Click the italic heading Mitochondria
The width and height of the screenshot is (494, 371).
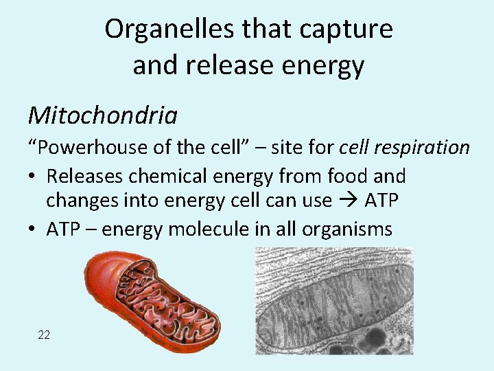click(x=102, y=115)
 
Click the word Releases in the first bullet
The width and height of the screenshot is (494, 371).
click(x=86, y=176)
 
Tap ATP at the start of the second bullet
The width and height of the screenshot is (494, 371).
click(x=64, y=229)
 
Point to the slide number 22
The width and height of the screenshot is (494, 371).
click(x=44, y=335)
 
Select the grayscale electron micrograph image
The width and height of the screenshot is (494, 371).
click(x=334, y=301)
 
